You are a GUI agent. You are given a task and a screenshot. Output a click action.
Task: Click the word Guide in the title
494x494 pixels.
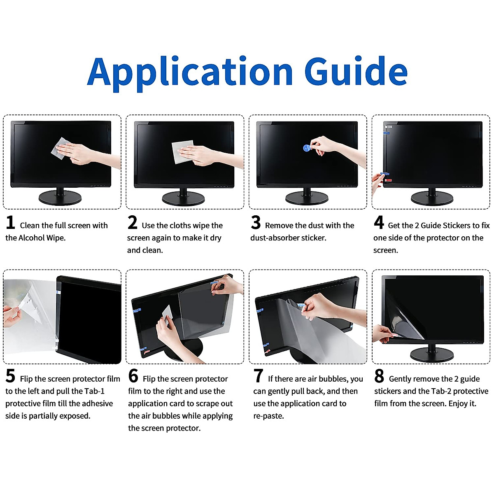[356, 71]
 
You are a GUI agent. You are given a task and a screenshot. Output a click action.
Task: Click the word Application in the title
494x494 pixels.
[190, 72]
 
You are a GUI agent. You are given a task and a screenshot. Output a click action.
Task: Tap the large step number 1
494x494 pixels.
[10, 223]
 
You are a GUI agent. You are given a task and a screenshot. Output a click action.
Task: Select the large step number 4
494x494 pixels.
[379, 223]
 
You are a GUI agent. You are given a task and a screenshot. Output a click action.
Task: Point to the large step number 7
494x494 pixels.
[258, 376]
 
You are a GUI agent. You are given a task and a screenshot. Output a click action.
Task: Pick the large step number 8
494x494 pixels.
[379, 376]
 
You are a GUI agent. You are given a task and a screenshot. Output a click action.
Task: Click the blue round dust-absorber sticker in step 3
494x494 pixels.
[307, 148]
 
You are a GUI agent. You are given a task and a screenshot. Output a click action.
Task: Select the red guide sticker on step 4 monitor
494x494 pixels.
[388, 180]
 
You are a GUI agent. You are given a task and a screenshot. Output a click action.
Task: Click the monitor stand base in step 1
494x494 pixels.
[60, 198]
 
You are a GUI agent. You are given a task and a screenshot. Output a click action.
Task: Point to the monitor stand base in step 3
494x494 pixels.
[306, 198]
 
